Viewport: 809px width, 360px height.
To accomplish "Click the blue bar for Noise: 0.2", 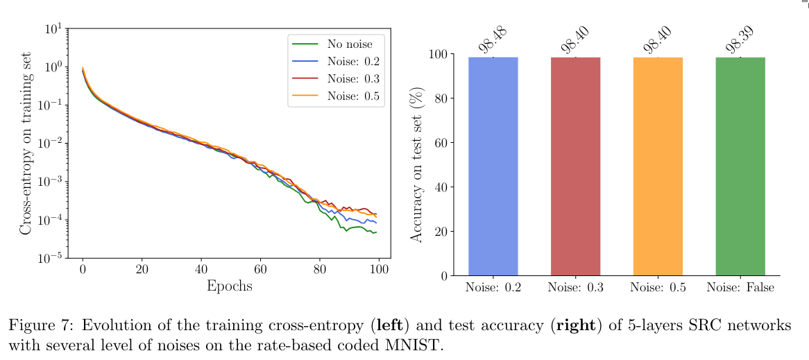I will [x=493, y=166].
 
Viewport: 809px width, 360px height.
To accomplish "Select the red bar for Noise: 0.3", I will [x=575, y=166].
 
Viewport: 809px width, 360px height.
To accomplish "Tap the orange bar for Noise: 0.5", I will [x=658, y=166].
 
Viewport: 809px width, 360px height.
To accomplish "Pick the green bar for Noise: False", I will [x=740, y=166].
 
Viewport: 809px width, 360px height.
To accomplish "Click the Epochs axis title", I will [x=229, y=286].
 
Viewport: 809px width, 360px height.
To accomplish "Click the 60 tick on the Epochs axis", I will [x=261, y=269].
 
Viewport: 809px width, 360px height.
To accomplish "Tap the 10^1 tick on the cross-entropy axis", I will [x=53, y=30].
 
